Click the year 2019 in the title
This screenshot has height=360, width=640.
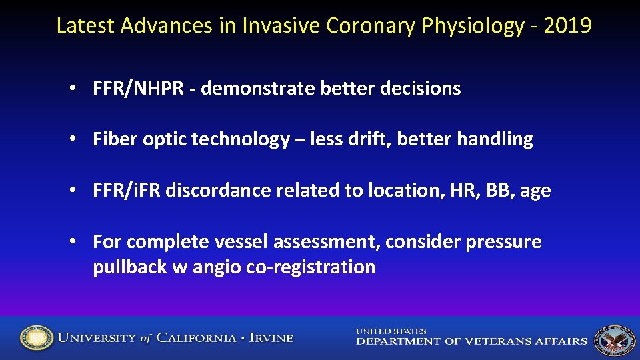[x=567, y=25]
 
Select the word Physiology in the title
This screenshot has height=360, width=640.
[x=474, y=25]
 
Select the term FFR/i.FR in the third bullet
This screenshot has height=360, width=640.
[x=127, y=191]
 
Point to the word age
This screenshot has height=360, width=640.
[x=535, y=191]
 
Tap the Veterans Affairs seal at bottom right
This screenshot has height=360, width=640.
[x=614, y=339]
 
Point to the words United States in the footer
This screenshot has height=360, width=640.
[x=391, y=331]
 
